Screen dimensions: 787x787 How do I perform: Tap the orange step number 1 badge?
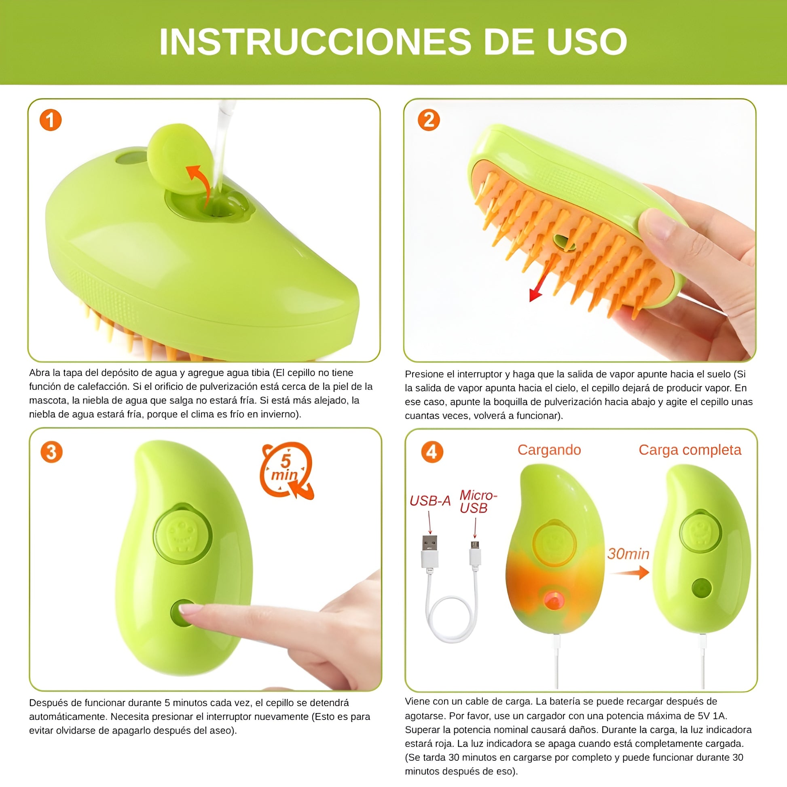(51, 120)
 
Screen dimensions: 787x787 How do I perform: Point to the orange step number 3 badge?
(51, 452)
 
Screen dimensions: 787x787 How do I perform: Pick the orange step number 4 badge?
(432, 452)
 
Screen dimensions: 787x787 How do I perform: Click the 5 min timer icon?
(287, 470)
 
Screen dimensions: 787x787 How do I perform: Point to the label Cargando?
(549, 450)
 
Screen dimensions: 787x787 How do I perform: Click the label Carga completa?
(690, 450)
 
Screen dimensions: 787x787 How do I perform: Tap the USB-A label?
(430, 501)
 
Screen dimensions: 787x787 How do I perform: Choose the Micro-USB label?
(478, 501)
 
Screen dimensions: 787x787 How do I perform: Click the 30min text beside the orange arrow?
(628, 553)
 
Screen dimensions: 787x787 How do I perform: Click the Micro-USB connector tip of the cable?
(474, 545)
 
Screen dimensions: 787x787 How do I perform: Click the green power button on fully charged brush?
(701, 588)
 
